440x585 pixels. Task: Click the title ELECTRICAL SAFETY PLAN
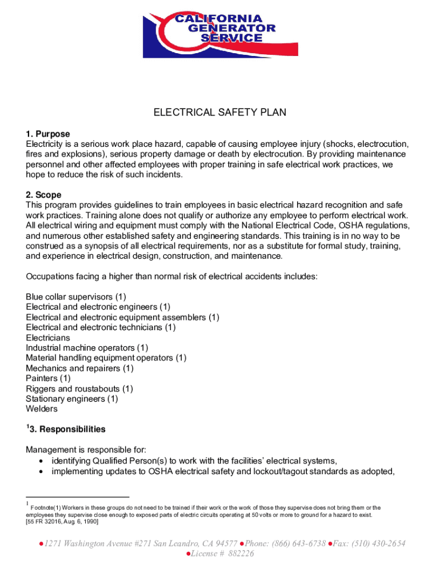(x=219, y=113)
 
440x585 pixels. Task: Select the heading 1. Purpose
(x=48, y=134)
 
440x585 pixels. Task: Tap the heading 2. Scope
(x=43, y=195)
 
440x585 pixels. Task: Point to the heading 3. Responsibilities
(x=67, y=429)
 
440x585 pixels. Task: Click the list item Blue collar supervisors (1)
(x=76, y=297)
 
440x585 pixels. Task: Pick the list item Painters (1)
(x=49, y=378)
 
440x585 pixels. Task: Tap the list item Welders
(x=42, y=408)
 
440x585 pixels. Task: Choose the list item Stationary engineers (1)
(x=72, y=399)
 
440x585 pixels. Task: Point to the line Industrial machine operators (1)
(x=87, y=347)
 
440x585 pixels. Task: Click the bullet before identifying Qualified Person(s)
(x=41, y=462)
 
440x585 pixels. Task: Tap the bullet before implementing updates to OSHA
(x=41, y=472)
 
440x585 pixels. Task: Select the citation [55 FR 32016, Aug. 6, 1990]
(x=62, y=522)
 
